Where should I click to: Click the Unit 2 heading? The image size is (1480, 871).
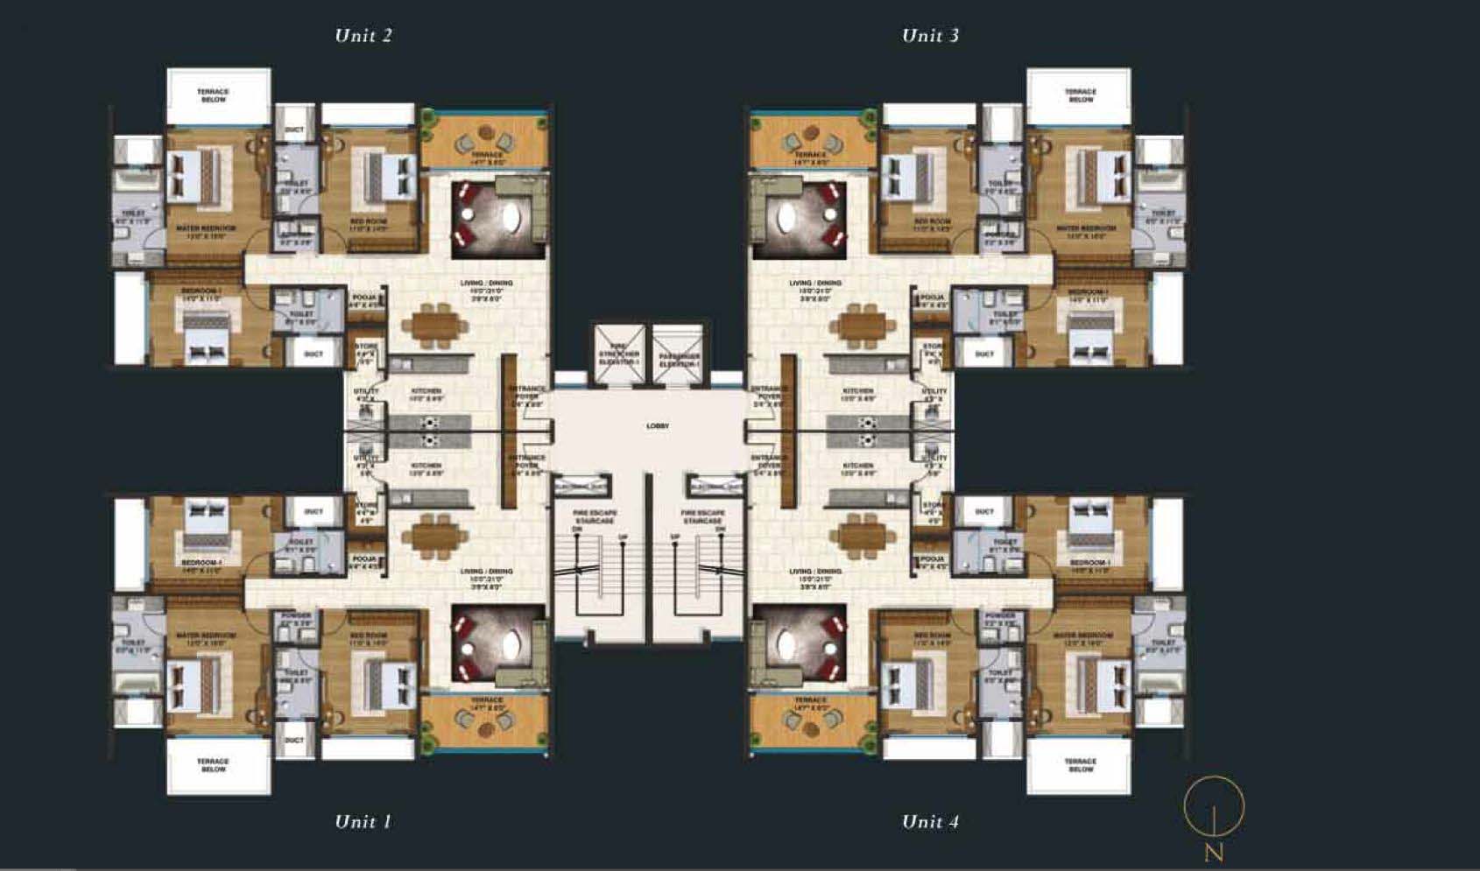pyautogui.click(x=363, y=36)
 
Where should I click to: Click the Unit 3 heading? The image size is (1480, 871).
pyautogui.click(x=930, y=36)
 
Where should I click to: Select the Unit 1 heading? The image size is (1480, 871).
pyautogui.click(x=363, y=821)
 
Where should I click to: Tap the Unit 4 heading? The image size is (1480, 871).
pyautogui.click(x=930, y=821)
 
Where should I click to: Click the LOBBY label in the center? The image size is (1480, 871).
pyautogui.click(x=658, y=426)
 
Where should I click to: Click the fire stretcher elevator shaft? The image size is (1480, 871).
pyautogui.click(x=619, y=355)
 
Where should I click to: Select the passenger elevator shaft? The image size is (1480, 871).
pyautogui.click(x=679, y=355)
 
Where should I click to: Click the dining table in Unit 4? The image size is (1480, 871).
pyautogui.click(x=862, y=535)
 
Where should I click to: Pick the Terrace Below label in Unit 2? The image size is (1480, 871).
pyautogui.click(x=213, y=95)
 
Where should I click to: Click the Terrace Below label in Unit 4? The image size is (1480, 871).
pyautogui.click(x=1080, y=764)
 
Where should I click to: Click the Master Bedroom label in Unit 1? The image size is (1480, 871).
pyautogui.click(x=206, y=638)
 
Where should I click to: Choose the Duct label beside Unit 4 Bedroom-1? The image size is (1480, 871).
pyautogui.click(x=984, y=511)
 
